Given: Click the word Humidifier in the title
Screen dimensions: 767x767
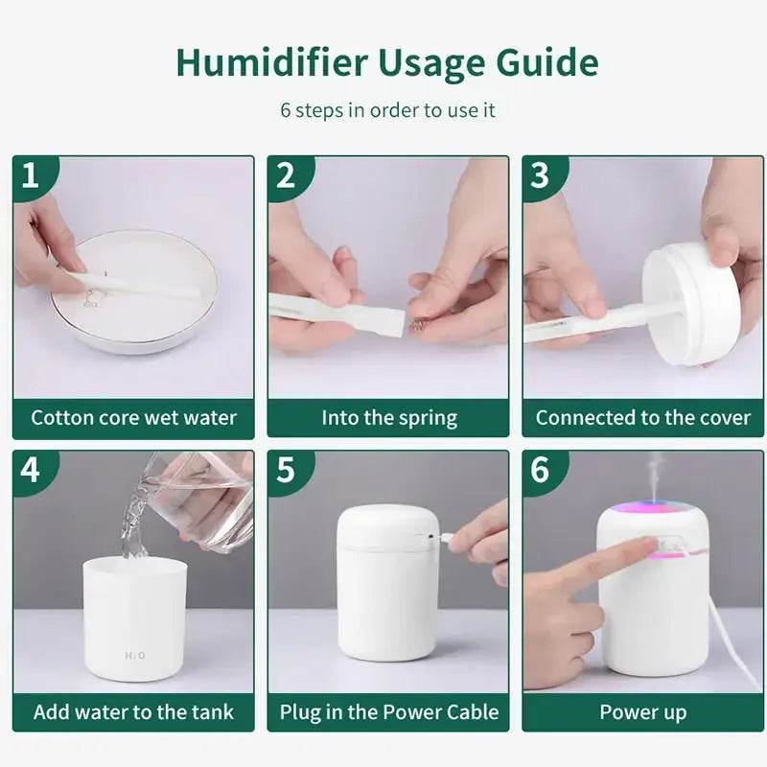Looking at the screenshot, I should point(270,63).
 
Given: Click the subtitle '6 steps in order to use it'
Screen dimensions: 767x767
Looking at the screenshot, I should point(387,109).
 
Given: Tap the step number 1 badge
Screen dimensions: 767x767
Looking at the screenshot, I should point(32,175).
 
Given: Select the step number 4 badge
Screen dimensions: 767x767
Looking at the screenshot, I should point(32,470).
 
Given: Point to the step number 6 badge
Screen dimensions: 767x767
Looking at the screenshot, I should point(541,470).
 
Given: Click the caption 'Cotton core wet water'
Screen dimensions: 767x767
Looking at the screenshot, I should point(133,418).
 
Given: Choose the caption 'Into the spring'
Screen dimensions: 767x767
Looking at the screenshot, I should point(388,418).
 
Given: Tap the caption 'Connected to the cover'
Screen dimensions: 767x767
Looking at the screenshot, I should point(642,418).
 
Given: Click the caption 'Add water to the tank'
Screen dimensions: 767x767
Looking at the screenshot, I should point(133,712).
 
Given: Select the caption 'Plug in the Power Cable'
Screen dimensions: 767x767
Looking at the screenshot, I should point(388,712).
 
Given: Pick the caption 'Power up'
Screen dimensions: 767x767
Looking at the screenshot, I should point(642,712).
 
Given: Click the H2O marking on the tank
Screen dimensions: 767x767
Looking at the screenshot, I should point(134,656).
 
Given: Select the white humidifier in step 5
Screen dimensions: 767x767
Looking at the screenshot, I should point(387,585).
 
